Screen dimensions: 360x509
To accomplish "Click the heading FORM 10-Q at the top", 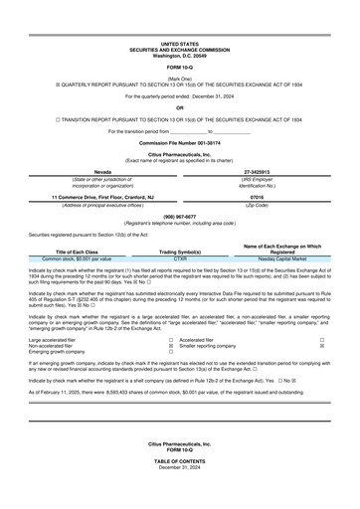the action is (x=179, y=67).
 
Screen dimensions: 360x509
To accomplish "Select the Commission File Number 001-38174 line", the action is (x=179, y=143).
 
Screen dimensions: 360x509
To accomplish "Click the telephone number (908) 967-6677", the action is (x=179, y=216).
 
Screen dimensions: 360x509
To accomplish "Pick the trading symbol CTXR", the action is (x=181, y=258).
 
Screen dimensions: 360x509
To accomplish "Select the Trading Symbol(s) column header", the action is (x=181, y=252).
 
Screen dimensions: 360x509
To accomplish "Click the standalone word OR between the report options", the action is (x=179, y=107).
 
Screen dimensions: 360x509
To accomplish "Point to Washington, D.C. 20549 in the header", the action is (x=179, y=56).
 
